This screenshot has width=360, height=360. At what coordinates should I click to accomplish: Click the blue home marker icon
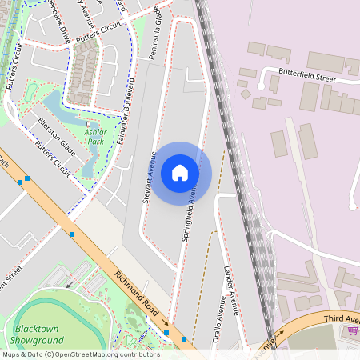tap(179, 172)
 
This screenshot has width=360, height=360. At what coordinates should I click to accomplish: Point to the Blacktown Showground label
tap(38, 335)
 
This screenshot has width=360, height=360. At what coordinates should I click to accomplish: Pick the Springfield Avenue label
tap(190, 214)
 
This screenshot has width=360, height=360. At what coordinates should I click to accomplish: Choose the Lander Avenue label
tap(232, 290)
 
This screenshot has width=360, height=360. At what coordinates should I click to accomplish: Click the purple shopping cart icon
tap(353, 330)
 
